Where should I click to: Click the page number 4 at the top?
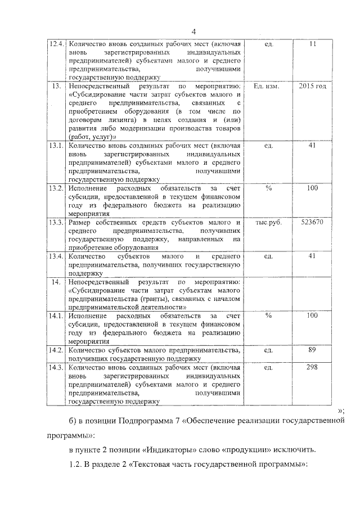[x=193, y=31]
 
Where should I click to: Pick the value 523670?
[x=313, y=222]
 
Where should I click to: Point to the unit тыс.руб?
[x=268, y=222]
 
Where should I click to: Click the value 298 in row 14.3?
[x=313, y=367]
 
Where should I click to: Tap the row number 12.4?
[x=56, y=44]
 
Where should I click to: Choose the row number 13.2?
[x=56, y=188]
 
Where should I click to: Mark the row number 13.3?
[x=56, y=222]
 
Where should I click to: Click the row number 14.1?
[x=56, y=316]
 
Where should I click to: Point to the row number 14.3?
[x=56, y=367]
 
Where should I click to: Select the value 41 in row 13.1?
[x=313, y=146]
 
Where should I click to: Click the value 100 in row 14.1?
[x=313, y=316]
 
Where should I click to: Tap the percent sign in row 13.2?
[x=268, y=188]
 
